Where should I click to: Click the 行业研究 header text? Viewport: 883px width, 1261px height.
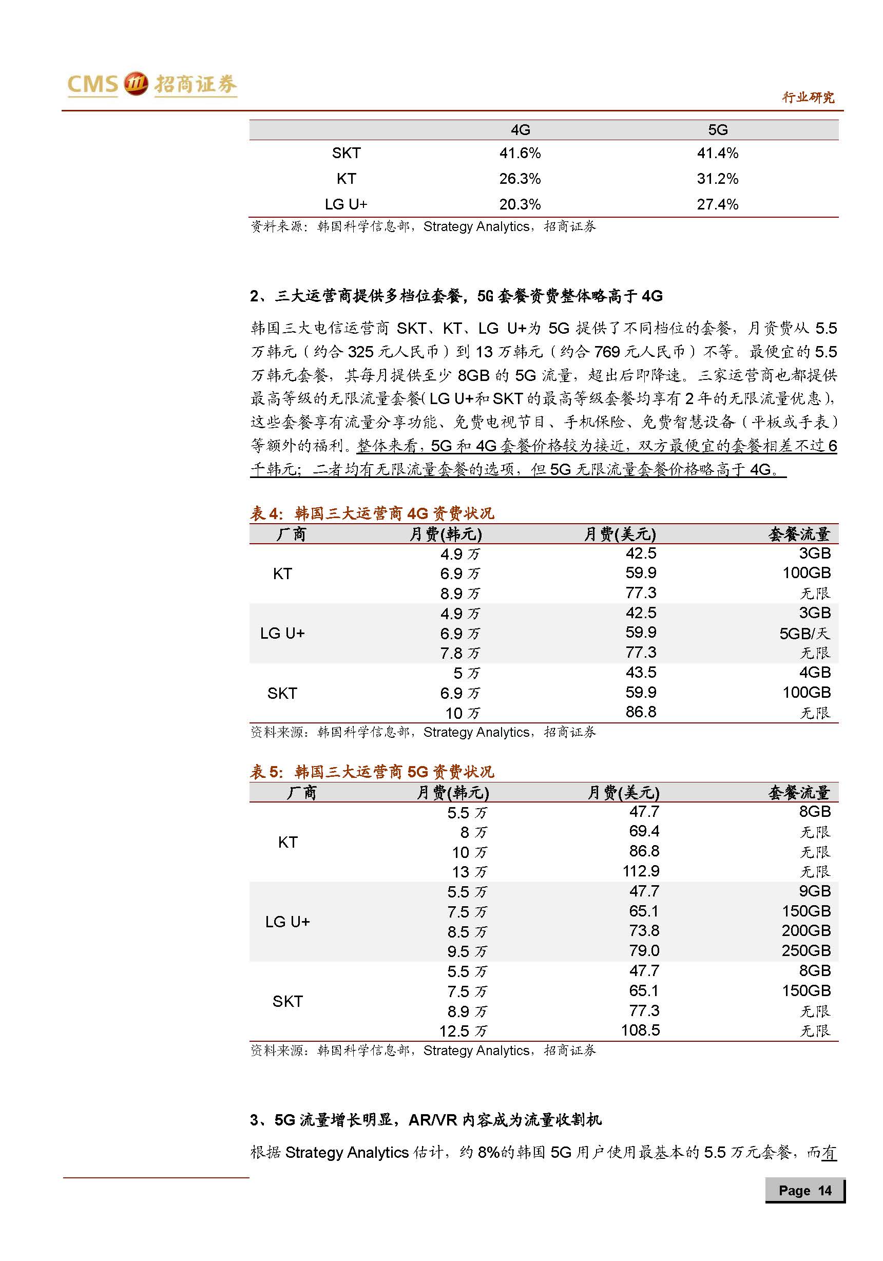pyautogui.click(x=808, y=98)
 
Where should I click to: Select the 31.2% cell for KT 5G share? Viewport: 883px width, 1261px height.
pyautogui.click(x=717, y=179)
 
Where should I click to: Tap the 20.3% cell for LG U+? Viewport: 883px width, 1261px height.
pyautogui.click(x=520, y=204)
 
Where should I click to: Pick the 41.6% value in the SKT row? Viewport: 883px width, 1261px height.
pyautogui.click(x=520, y=152)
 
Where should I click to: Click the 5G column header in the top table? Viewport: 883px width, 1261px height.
pyautogui.click(x=717, y=129)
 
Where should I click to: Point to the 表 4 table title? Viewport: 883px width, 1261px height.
pyautogui.click(x=372, y=513)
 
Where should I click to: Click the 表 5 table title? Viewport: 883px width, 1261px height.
pyautogui.click(x=372, y=772)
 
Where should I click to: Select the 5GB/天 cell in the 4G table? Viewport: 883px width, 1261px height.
pyautogui.click(x=804, y=633)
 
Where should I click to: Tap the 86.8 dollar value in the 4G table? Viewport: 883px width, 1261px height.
pyautogui.click(x=641, y=712)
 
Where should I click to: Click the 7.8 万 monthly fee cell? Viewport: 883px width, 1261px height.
pyautogui.click(x=459, y=653)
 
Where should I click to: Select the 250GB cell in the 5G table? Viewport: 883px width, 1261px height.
pyautogui.click(x=805, y=950)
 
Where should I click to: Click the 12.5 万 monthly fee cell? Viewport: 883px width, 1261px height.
pyautogui.click(x=463, y=1031)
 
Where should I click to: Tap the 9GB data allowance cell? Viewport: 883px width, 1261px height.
pyautogui.click(x=814, y=891)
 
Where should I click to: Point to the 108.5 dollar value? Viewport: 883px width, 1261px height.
pyautogui.click(x=640, y=1030)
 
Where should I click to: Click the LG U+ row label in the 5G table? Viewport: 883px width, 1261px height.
pyautogui.click(x=287, y=922)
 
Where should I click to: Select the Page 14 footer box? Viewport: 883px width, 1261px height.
pyautogui.click(x=804, y=1190)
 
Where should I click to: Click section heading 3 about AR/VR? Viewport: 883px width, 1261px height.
pyautogui.click(x=426, y=1119)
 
